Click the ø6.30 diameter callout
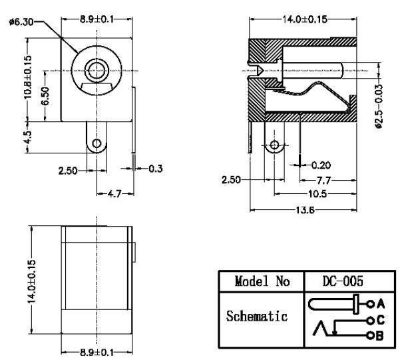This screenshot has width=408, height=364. pyautogui.click(x=21, y=22)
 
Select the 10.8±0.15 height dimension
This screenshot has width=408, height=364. pyautogui.click(x=28, y=77)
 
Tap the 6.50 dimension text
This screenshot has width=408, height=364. pyautogui.click(x=45, y=96)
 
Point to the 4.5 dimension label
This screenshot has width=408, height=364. pyautogui.click(x=28, y=137)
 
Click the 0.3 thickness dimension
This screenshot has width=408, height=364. pyautogui.click(x=156, y=169)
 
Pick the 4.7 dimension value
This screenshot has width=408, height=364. pyautogui.click(x=114, y=193)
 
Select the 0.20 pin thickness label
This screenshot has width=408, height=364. pyautogui.click(x=321, y=165)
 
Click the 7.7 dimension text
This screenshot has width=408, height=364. pyautogui.click(x=323, y=180)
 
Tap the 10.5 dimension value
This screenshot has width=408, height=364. pyautogui.click(x=317, y=194)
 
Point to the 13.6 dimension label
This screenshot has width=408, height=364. pyautogui.click(x=306, y=210)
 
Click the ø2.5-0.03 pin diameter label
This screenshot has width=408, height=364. pyautogui.click(x=379, y=106)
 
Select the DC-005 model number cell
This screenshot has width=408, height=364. pyautogui.click(x=343, y=281)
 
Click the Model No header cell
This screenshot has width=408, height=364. pyautogui.click(x=262, y=281)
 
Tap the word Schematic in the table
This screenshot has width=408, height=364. pyautogui.click(x=257, y=316)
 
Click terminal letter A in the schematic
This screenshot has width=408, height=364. pyautogui.click(x=381, y=303)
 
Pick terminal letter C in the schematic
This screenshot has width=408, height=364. pyautogui.click(x=381, y=320)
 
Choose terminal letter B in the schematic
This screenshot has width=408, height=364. pyautogui.click(x=380, y=335)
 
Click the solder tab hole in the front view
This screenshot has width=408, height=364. pyautogui.click(x=97, y=143)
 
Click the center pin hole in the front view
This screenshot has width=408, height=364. pyautogui.click(x=97, y=71)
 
